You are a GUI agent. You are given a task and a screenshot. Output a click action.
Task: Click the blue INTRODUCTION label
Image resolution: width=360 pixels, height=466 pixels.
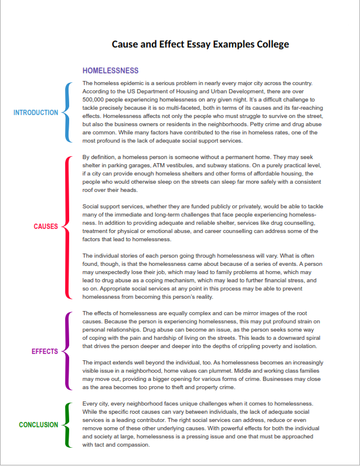36,113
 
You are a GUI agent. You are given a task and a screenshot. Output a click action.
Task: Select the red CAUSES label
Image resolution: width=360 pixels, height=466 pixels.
46,227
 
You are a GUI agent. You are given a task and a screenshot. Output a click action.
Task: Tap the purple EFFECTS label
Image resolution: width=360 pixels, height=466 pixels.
45,352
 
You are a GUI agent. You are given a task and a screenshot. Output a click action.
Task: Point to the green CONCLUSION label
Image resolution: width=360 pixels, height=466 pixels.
39,425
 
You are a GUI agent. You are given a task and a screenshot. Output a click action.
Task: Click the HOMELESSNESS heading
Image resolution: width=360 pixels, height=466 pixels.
110,71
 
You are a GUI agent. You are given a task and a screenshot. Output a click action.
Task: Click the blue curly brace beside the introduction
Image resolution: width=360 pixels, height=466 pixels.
66,113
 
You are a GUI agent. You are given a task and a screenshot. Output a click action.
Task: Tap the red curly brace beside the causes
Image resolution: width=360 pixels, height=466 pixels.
66,227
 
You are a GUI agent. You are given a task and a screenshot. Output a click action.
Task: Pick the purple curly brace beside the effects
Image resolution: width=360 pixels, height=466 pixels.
66,352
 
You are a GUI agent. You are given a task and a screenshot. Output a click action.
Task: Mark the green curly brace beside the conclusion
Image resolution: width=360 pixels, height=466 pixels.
66,425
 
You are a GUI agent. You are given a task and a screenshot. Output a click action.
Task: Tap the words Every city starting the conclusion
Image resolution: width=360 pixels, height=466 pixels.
96,404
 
